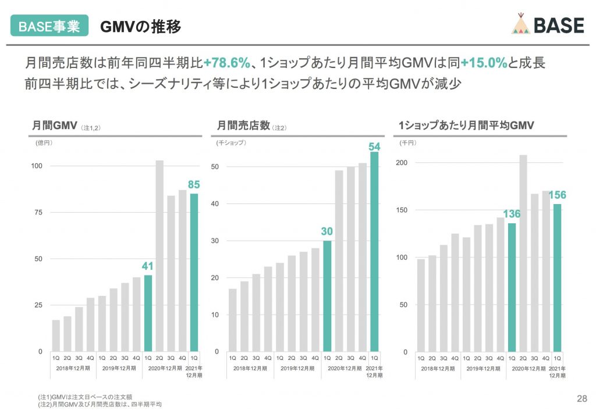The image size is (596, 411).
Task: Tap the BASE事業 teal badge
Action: coord(49,26)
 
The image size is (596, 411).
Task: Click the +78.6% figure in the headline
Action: coord(226,63)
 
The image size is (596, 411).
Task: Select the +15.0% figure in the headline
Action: coord(484,63)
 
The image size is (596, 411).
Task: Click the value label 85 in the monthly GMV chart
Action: coord(194,185)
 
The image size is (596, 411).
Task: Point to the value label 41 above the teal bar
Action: coord(148,266)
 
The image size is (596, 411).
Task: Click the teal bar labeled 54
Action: coord(374,251)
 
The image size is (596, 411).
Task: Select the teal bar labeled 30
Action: coord(327,296)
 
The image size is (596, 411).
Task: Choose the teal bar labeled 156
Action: coord(558,278)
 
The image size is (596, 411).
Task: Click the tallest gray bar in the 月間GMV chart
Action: coord(159,256)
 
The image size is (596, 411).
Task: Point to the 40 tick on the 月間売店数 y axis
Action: coord(215,203)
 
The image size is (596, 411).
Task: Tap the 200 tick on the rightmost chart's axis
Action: coord(400,163)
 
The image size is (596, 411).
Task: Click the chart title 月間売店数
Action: coord(243,126)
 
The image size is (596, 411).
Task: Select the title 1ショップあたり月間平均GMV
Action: coord(466,126)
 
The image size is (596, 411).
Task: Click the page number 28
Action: coord(581,398)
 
